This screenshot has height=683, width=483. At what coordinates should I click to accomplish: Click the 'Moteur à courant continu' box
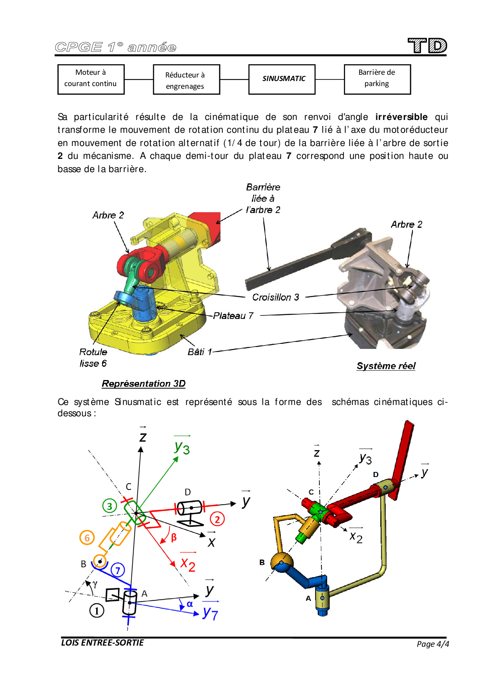pyautogui.click(x=91, y=79)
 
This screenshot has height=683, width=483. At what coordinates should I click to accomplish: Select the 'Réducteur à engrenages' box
pyautogui.click(x=186, y=80)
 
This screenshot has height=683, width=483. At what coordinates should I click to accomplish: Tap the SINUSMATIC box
pyautogui.click(x=282, y=79)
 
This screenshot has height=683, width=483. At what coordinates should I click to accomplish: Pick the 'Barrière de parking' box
pyautogui.click(x=377, y=79)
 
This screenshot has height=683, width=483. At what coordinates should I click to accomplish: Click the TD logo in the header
pyautogui.click(x=427, y=46)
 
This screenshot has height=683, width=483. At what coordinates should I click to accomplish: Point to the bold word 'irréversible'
pyautogui.click(x=401, y=117)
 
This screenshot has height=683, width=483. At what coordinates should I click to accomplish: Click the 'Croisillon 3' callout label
pyautogui.click(x=275, y=297)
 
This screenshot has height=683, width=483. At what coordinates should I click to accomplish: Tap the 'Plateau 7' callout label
pyautogui.click(x=233, y=316)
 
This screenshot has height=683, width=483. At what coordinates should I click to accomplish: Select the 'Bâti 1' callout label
pyautogui.click(x=199, y=352)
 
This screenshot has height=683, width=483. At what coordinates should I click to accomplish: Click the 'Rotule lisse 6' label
pyautogui.click(x=93, y=357)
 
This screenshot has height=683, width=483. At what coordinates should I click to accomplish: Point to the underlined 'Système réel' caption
pyautogui.click(x=386, y=366)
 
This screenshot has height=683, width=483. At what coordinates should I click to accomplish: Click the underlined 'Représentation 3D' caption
pyautogui.click(x=143, y=384)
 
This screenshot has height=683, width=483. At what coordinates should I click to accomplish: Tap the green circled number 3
pyautogui.click(x=109, y=506)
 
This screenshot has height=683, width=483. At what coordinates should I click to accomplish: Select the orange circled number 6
pyautogui.click(x=87, y=538)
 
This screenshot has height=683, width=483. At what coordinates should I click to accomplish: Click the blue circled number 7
pyautogui.click(x=118, y=570)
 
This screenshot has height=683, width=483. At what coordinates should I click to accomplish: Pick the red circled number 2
pyautogui.click(x=217, y=519)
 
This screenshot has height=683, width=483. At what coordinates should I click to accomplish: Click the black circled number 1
pyautogui.click(x=97, y=610)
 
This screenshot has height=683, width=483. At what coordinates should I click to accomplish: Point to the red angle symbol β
pyautogui.click(x=174, y=537)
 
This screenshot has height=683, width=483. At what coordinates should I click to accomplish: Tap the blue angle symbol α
pyautogui.click(x=190, y=604)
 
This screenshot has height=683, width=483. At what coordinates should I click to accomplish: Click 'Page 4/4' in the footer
pyautogui.click(x=432, y=644)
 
